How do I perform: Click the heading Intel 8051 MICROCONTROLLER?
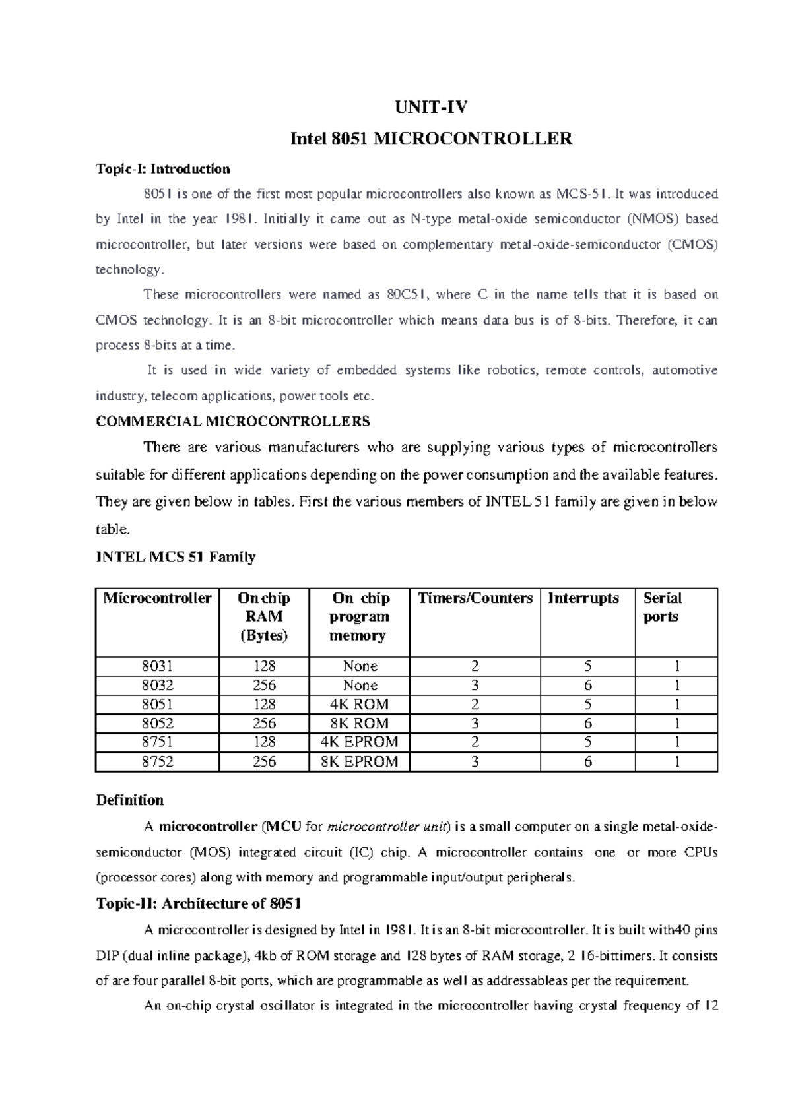432,139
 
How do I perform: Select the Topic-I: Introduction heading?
163,169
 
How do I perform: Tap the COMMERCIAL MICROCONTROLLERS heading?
233,421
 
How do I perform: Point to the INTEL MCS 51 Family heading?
176,557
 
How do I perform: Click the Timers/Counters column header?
475,598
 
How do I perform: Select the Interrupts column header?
583,598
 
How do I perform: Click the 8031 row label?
157,666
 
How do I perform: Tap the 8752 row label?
157,762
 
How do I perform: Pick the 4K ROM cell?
359,705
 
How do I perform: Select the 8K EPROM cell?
359,762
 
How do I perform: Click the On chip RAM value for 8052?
264,724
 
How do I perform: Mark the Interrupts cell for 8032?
587,686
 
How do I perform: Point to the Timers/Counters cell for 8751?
475,742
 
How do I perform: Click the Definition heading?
130,800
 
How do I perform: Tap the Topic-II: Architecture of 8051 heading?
199,903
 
